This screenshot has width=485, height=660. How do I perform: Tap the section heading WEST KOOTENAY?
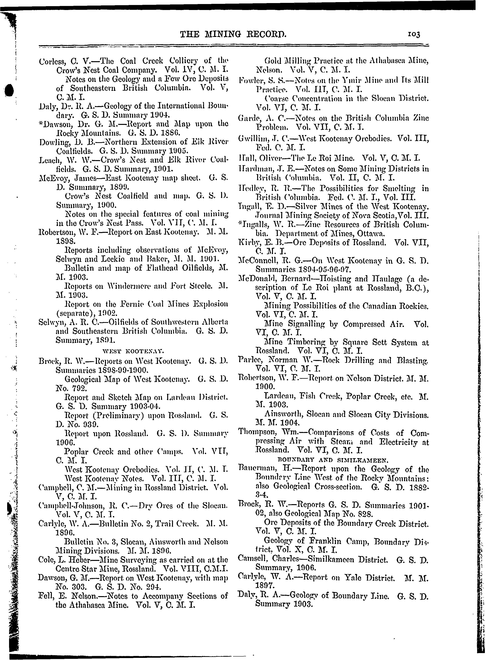pyautogui.click(x=134, y=351)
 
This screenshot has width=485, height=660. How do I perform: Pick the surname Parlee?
pyautogui.click(x=248, y=360)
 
